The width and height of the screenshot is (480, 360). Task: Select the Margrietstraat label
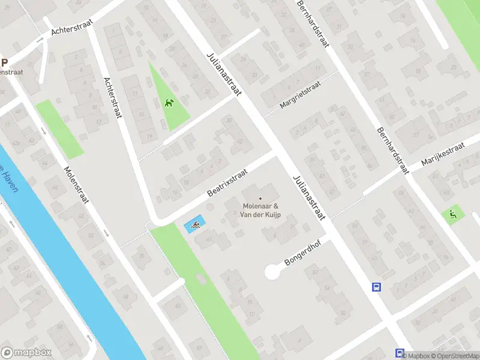point(300,95)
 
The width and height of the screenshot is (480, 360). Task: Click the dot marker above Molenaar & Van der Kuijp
point(260,198)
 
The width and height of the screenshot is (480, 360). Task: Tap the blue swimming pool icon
point(195,226)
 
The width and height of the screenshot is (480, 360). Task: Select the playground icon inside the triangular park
point(170,103)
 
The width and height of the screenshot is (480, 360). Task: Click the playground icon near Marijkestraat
point(452,214)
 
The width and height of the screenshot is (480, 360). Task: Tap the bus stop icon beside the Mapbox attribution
point(400,353)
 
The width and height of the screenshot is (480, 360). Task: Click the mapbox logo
point(26,353)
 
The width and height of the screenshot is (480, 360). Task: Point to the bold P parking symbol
point(4,62)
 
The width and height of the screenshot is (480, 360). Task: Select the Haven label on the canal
point(10,178)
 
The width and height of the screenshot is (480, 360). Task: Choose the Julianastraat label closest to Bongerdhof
point(309,198)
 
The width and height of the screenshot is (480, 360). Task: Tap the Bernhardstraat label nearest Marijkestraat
point(392,150)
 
